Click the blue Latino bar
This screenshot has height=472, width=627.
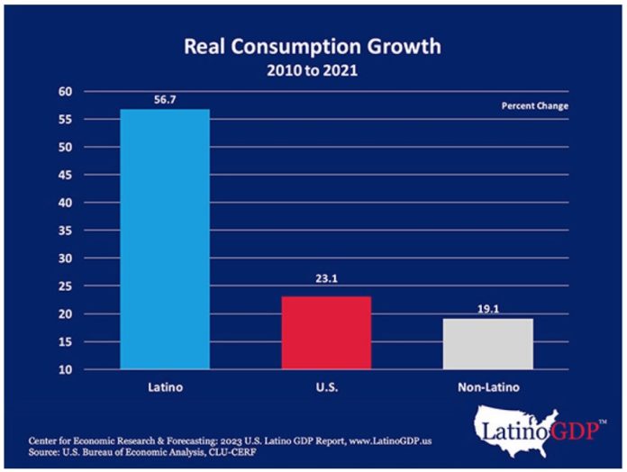coord(164,239)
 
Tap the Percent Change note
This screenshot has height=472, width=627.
coord(535,106)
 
